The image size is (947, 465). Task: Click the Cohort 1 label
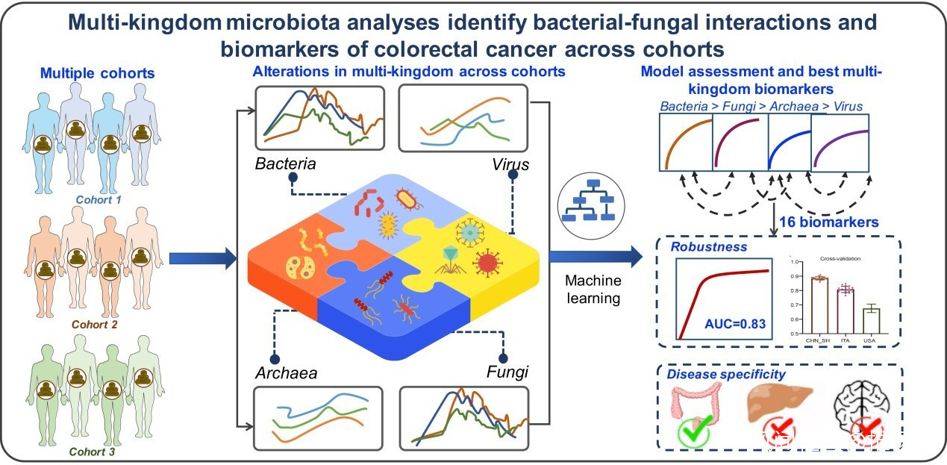pos(98,200)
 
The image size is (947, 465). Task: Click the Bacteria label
pos(287,163)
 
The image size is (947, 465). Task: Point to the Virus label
pos(510,164)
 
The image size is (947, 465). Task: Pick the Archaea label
pos(287,372)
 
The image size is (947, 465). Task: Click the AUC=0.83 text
pos(736,323)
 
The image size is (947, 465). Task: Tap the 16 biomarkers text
pos(828,222)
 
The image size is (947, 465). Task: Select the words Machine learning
pos(593,290)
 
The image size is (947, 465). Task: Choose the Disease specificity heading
pos(726,374)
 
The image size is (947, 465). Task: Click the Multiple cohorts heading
pos(98,73)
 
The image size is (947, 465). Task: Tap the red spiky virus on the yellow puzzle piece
pos(487,263)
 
